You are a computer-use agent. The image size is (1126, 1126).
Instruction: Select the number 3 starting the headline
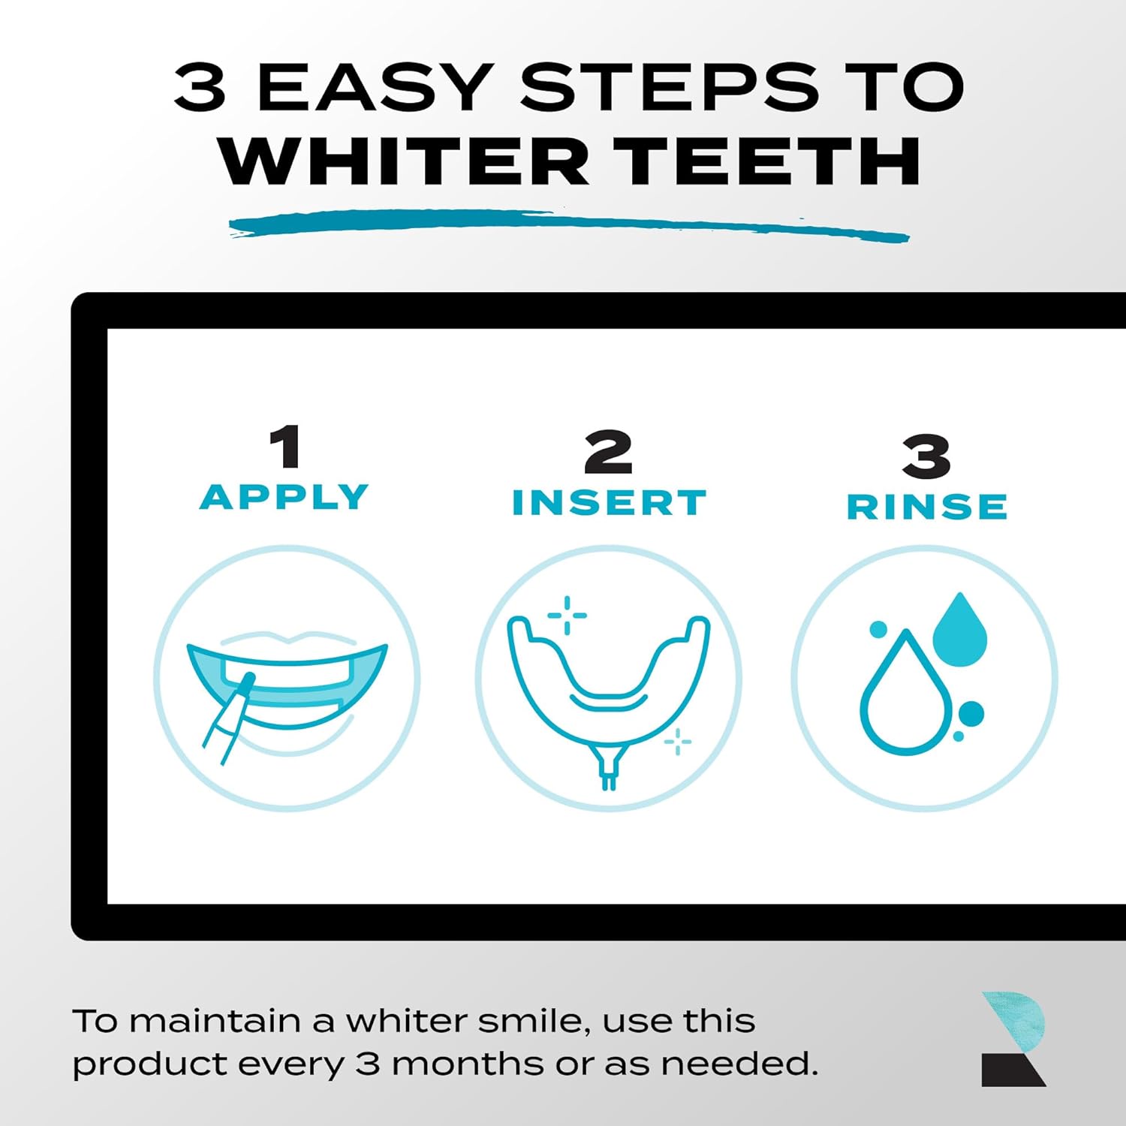click(200, 87)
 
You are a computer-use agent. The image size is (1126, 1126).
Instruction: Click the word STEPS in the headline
click(669, 87)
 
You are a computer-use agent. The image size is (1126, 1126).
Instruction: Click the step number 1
click(286, 447)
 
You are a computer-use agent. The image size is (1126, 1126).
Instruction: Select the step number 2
click(608, 452)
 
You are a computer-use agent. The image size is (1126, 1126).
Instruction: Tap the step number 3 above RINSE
click(926, 456)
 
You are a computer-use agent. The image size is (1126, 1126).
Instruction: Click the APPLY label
click(285, 497)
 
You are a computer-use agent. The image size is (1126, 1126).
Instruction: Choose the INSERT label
click(609, 503)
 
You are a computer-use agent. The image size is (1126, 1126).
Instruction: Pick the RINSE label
click(927, 507)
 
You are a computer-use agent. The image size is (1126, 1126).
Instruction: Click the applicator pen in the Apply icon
click(227, 721)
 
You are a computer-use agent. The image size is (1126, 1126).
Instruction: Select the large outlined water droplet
click(905, 698)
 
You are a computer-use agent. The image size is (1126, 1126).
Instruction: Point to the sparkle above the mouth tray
click(568, 616)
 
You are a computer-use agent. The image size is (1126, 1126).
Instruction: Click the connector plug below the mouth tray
click(609, 769)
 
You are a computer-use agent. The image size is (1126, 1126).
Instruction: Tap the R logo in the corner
click(1013, 1039)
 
